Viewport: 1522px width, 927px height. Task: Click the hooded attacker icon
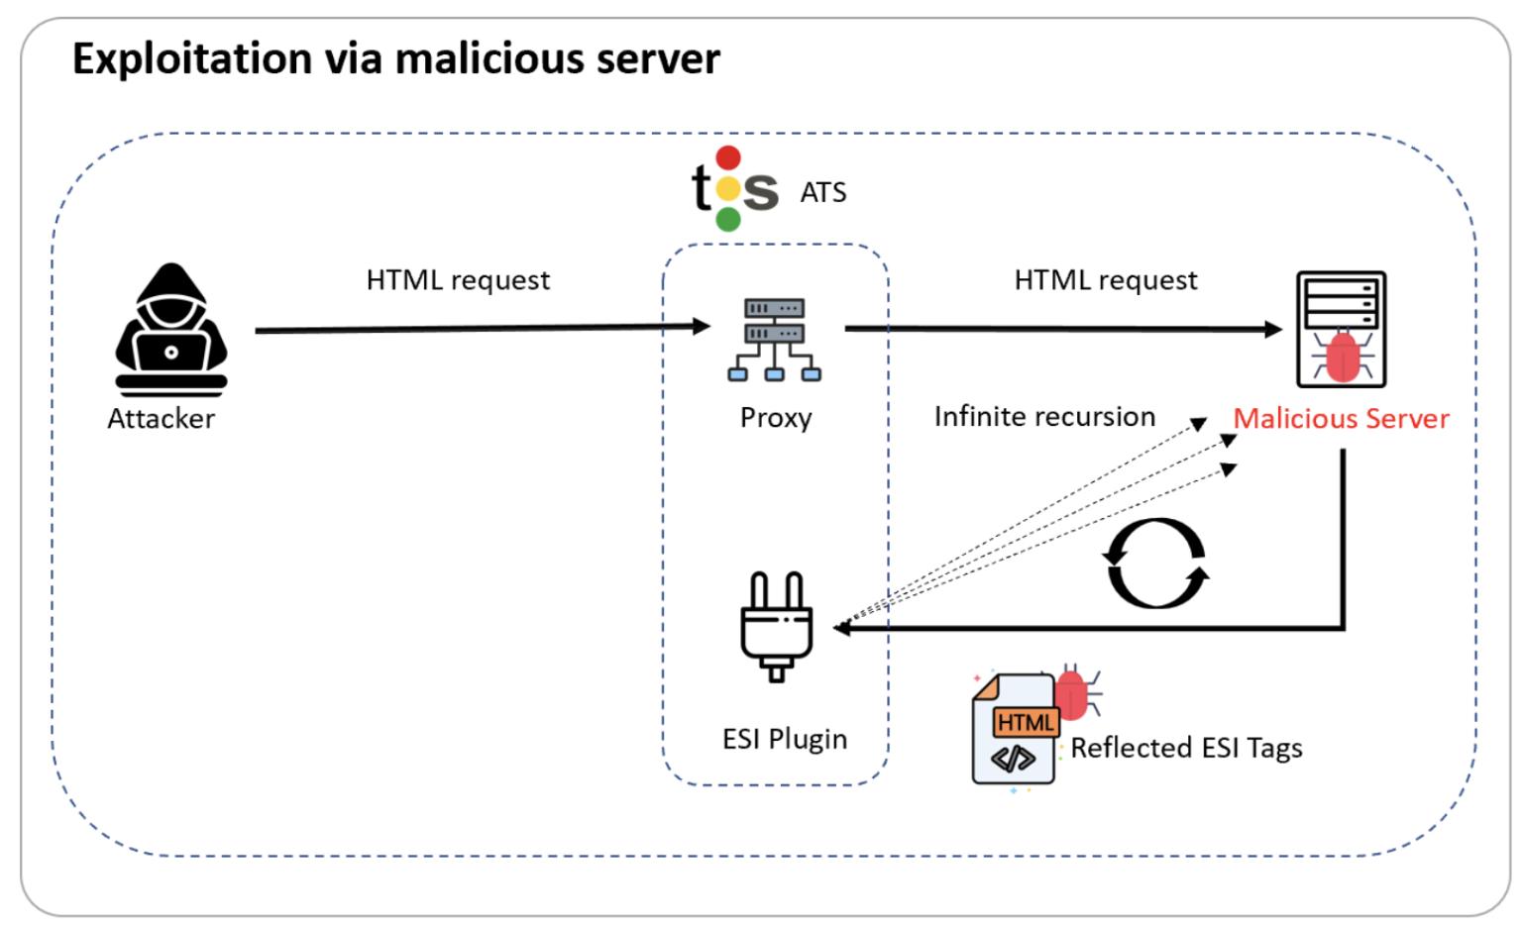click(171, 328)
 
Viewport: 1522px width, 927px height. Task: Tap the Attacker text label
click(161, 419)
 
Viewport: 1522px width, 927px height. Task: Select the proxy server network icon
click(775, 340)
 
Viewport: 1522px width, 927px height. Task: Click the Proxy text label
click(776, 418)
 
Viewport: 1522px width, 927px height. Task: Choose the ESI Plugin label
click(785, 740)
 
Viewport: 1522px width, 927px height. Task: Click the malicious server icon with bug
click(1341, 330)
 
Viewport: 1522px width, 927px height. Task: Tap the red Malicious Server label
click(1341, 419)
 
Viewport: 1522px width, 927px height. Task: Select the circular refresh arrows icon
click(1156, 563)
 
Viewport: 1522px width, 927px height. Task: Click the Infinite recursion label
click(1044, 417)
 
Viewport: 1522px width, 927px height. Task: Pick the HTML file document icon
click(1015, 730)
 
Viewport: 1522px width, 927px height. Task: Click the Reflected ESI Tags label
click(1186, 748)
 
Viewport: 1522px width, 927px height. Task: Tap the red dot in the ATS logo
click(728, 158)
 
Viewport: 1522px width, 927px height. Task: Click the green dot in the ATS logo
click(728, 219)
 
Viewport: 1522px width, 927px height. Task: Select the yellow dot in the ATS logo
click(728, 188)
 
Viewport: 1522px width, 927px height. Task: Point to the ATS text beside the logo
click(823, 192)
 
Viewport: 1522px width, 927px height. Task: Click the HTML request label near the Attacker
click(458, 280)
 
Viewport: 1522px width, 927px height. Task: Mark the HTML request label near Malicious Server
click(1106, 280)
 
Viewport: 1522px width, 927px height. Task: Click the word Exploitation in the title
click(191, 58)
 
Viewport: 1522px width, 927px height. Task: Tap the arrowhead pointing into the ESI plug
click(842, 627)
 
